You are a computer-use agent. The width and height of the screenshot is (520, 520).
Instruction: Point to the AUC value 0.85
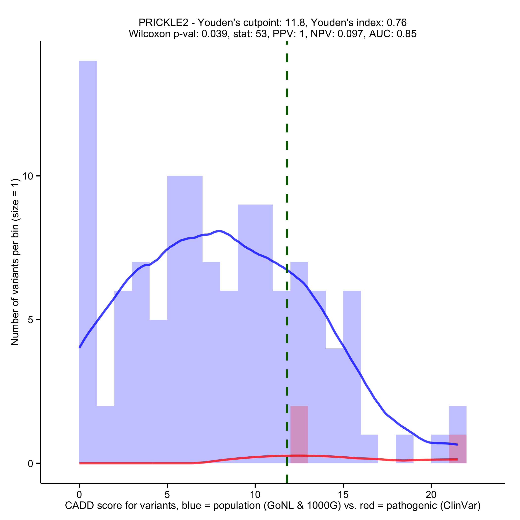(406, 34)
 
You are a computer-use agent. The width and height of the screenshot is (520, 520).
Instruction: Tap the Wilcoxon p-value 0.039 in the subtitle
(214, 34)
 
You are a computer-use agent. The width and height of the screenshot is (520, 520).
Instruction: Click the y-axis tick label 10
(27, 176)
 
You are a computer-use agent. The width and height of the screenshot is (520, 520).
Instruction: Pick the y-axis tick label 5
(30, 320)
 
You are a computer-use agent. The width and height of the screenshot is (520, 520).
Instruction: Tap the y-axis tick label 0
(30, 464)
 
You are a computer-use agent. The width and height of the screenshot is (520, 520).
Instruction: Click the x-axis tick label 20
(431, 494)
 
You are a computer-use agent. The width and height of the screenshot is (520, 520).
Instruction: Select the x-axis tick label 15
(343, 494)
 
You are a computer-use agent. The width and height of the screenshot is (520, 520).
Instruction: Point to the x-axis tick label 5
(167, 494)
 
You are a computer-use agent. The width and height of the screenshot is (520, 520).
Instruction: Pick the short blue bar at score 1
(105, 435)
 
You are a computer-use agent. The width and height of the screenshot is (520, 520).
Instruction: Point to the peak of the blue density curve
(219, 231)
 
